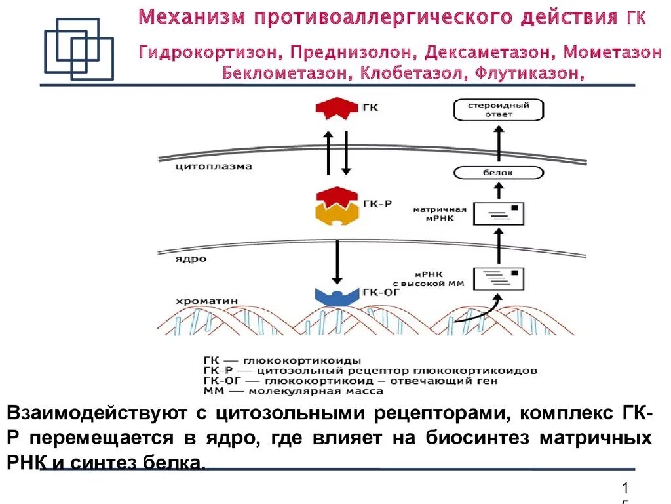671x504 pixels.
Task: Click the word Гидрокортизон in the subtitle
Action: [210, 52]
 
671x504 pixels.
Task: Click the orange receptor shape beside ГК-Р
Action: [336, 213]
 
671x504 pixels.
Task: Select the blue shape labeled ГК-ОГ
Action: [336, 295]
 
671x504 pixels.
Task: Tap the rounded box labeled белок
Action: [499, 173]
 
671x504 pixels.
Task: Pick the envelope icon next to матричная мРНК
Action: [499, 213]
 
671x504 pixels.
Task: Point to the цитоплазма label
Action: [214, 167]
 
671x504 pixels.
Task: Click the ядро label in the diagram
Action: [191, 259]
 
